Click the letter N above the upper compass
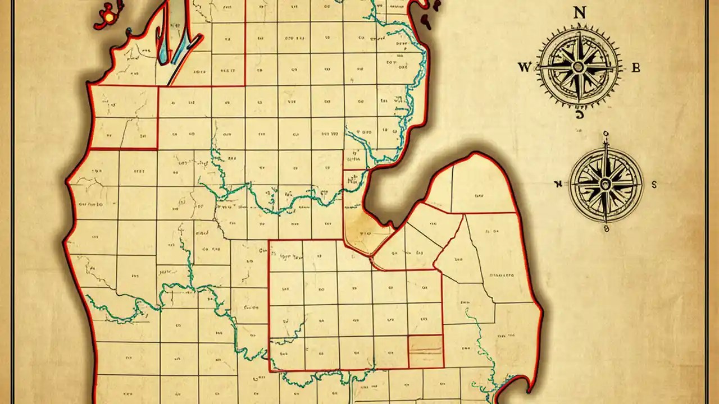578,13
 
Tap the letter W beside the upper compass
524,68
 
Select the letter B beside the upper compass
636,68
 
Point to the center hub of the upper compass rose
579,67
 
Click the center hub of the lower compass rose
606,184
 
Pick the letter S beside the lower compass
654,183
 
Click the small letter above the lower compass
606,134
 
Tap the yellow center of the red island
108,17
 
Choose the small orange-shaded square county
425,352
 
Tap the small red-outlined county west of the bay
353,181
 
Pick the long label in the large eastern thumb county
502,276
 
